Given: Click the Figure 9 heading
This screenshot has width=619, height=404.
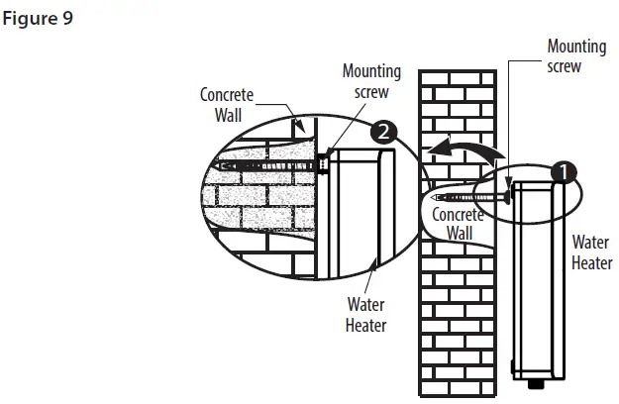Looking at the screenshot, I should (39, 18).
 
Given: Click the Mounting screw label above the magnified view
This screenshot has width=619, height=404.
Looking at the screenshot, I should (371, 81).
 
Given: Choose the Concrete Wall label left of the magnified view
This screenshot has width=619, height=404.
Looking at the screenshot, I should (227, 105).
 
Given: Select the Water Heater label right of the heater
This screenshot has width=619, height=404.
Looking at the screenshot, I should (590, 252).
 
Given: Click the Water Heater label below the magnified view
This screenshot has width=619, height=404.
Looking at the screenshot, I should (365, 314).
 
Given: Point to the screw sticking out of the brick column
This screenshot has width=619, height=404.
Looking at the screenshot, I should (480, 198).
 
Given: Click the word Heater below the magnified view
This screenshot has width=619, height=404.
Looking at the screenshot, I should (365, 324).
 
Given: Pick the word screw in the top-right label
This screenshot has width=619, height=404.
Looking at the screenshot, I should (565, 67).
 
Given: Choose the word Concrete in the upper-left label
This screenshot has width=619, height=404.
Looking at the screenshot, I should (227, 95).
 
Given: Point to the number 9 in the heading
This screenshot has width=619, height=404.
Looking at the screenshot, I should (68, 18).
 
